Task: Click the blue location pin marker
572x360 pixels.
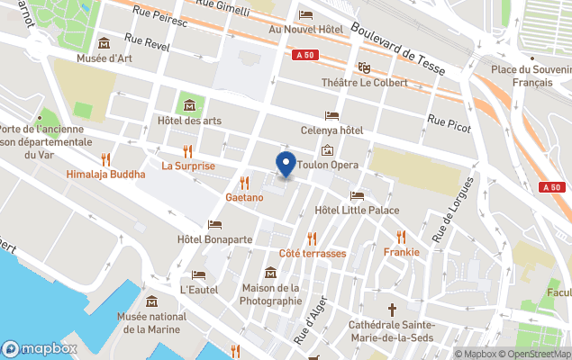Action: coord(286,166)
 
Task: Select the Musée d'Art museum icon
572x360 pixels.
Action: coord(104,43)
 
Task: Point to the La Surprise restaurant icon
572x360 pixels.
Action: coord(187,150)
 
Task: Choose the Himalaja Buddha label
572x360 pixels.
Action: coord(105,174)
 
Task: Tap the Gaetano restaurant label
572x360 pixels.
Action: coord(244,197)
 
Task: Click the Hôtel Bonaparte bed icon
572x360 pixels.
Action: coord(214,225)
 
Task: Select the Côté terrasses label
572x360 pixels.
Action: coord(313,253)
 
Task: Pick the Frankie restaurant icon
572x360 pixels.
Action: coord(401,237)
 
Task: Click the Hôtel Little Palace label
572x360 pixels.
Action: coord(357,211)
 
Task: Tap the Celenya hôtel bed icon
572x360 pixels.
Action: coord(331,116)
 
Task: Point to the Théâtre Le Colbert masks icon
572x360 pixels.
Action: coord(365,67)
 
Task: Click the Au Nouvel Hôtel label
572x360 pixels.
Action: coord(306,30)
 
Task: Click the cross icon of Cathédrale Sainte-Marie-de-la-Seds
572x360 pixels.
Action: coord(392,309)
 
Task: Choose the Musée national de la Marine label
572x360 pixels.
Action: coord(151,322)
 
